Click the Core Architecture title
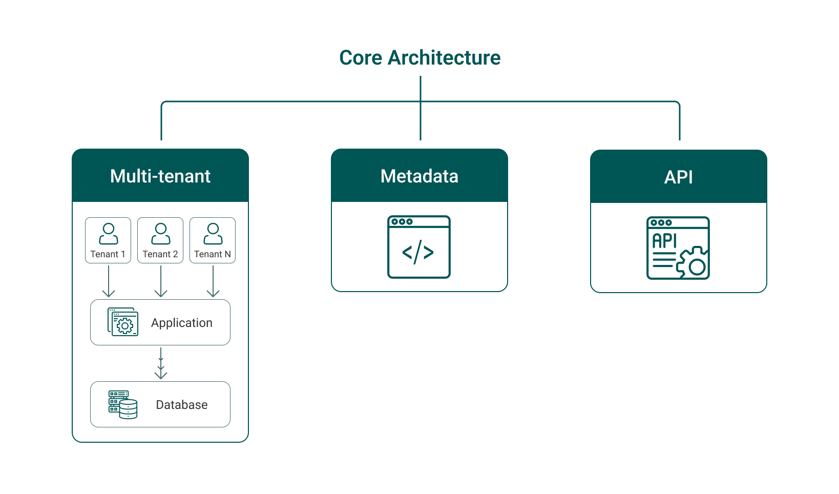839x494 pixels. coord(420,58)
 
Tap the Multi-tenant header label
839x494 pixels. coord(160,176)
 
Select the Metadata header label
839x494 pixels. coord(419,176)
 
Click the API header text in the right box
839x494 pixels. coord(678,177)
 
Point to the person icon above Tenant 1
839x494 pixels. coord(108,234)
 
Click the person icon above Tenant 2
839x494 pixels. coord(161,234)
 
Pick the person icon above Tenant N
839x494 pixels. coord(213,234)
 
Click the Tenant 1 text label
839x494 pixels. coord(108,254)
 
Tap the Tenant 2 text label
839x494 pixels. coord(160,254)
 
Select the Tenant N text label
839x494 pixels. coord(213,254)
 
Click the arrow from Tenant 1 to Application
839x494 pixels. coord(109,281)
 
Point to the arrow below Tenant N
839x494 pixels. coord(213,281)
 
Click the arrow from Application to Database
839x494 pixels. coord(161,363)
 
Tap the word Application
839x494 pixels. coord(182,323)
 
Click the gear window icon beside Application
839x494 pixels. coord(123,322)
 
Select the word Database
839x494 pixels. coord(182,405)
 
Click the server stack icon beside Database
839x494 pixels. coord(123,404)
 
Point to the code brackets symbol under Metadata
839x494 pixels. coord(418,252)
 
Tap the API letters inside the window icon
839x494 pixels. coord(664,241)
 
